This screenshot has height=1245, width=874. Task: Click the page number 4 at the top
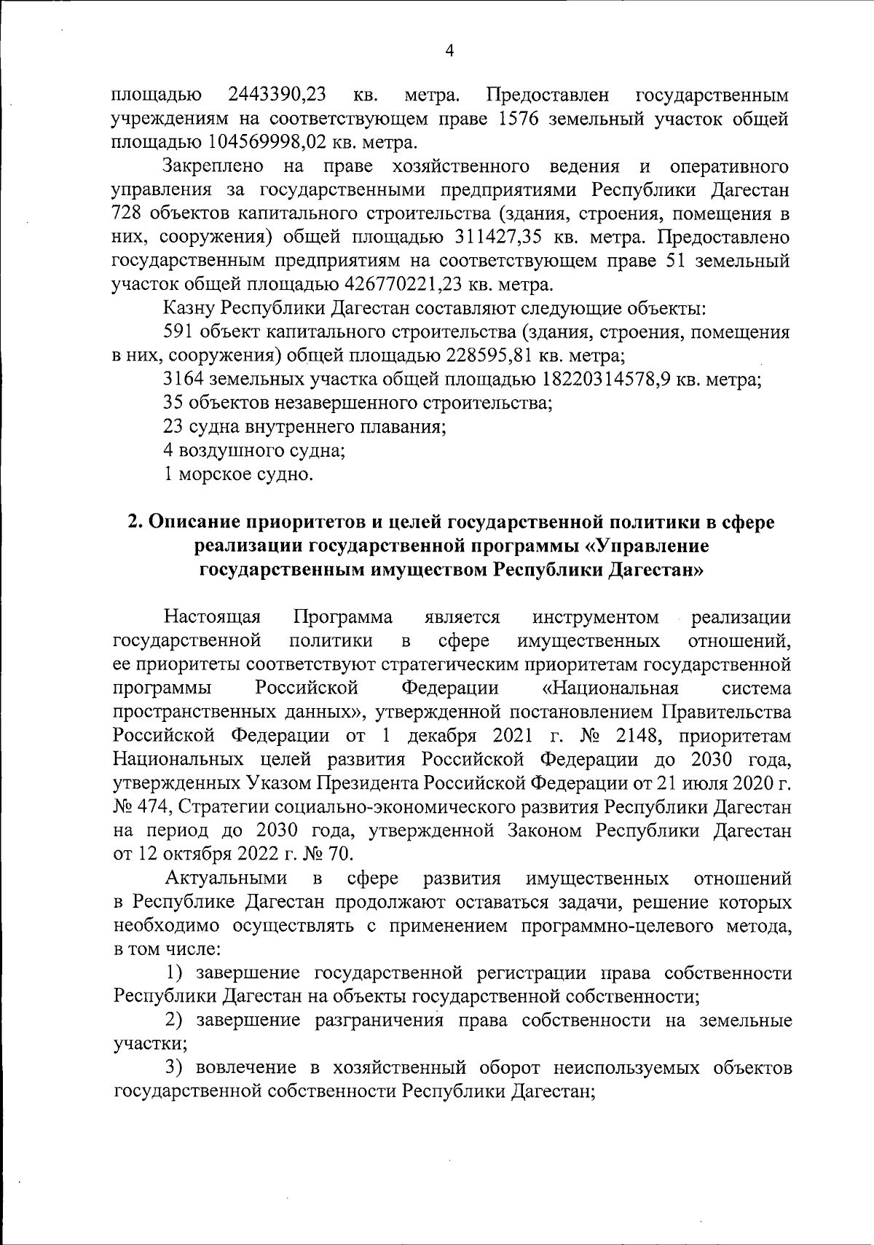pos(449,50)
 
